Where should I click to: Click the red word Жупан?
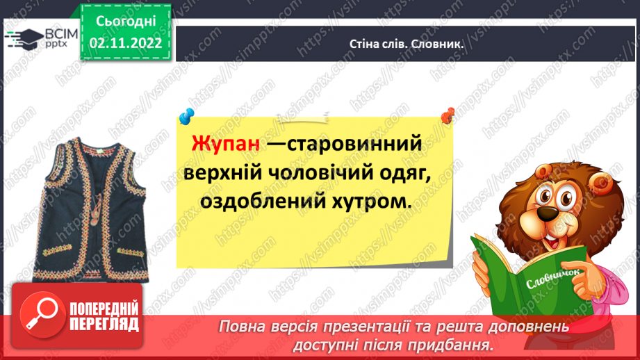point(226,144)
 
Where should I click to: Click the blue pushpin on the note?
point(186,115)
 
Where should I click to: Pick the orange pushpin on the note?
point(448,113)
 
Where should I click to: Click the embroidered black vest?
point(86,208)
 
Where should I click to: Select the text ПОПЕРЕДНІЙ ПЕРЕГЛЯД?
point(105,316)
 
